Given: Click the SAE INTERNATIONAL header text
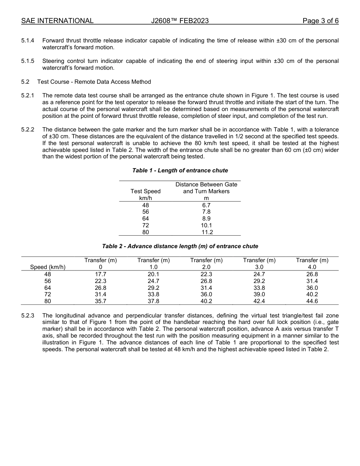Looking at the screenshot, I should click(x=57, y=21).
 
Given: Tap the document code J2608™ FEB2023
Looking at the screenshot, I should click(x=180, y=21).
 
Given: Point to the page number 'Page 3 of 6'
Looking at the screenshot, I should click(x=320, y=21).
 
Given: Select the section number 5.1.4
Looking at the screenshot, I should click(x=28, y=41).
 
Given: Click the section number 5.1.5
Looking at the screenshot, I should click(x=28, y=61).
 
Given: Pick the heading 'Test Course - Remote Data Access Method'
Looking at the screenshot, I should click(x=94, y=82).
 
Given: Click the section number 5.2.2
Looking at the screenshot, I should click(x=28, y=130).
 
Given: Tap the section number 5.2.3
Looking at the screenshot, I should click(x=28, y=316).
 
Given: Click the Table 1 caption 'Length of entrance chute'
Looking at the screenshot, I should click(x=180, y=170).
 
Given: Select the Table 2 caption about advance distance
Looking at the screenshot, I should click(x=180, y=246).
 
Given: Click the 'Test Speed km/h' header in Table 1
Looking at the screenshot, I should click(x=146, y=194).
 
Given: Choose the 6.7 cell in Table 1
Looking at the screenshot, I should click(x=206, y=205).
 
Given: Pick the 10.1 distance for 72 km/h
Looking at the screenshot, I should click(x=206, y=225).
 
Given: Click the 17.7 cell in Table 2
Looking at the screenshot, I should click(x=100, y=274).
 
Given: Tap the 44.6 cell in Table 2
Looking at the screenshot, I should click(x=312, y=301).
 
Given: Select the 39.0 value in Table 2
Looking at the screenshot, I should click(x=259, y=294).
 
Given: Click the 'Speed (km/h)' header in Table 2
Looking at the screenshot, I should click(x=48, y=267).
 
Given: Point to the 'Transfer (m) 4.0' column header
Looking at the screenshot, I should click(x=312, y=264).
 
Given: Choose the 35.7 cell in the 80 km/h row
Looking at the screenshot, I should click(x=100, y=301).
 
